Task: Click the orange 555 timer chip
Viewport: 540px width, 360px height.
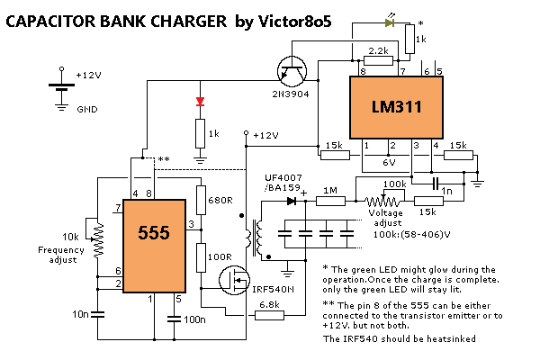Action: point(154,246)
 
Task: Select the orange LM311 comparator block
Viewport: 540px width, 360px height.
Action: point(396,107)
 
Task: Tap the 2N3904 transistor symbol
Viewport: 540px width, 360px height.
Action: point(292,71)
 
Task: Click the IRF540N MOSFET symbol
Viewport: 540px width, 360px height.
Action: point(235,280)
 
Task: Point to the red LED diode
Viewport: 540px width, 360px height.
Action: point(200,102)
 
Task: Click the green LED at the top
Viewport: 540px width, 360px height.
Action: point(390,22)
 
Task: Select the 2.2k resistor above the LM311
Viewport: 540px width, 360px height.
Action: point(378,61)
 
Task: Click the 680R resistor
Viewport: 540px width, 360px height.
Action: point(201,200)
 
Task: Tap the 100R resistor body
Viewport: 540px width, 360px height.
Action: point(201,257)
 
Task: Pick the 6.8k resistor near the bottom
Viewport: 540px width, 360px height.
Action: point(269,315)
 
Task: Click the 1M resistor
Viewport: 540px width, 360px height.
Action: point(330,201)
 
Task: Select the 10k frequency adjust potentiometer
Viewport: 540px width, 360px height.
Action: point(98,239)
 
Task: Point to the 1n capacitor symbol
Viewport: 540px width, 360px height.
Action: point(436,184)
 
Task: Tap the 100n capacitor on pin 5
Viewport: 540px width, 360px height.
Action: point(175,319)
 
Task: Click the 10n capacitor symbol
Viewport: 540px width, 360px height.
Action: point(98,314)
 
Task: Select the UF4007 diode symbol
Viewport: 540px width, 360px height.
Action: point(292,201)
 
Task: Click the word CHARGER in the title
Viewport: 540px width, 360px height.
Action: point(189,22)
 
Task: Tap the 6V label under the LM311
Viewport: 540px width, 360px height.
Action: point(389,162)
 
